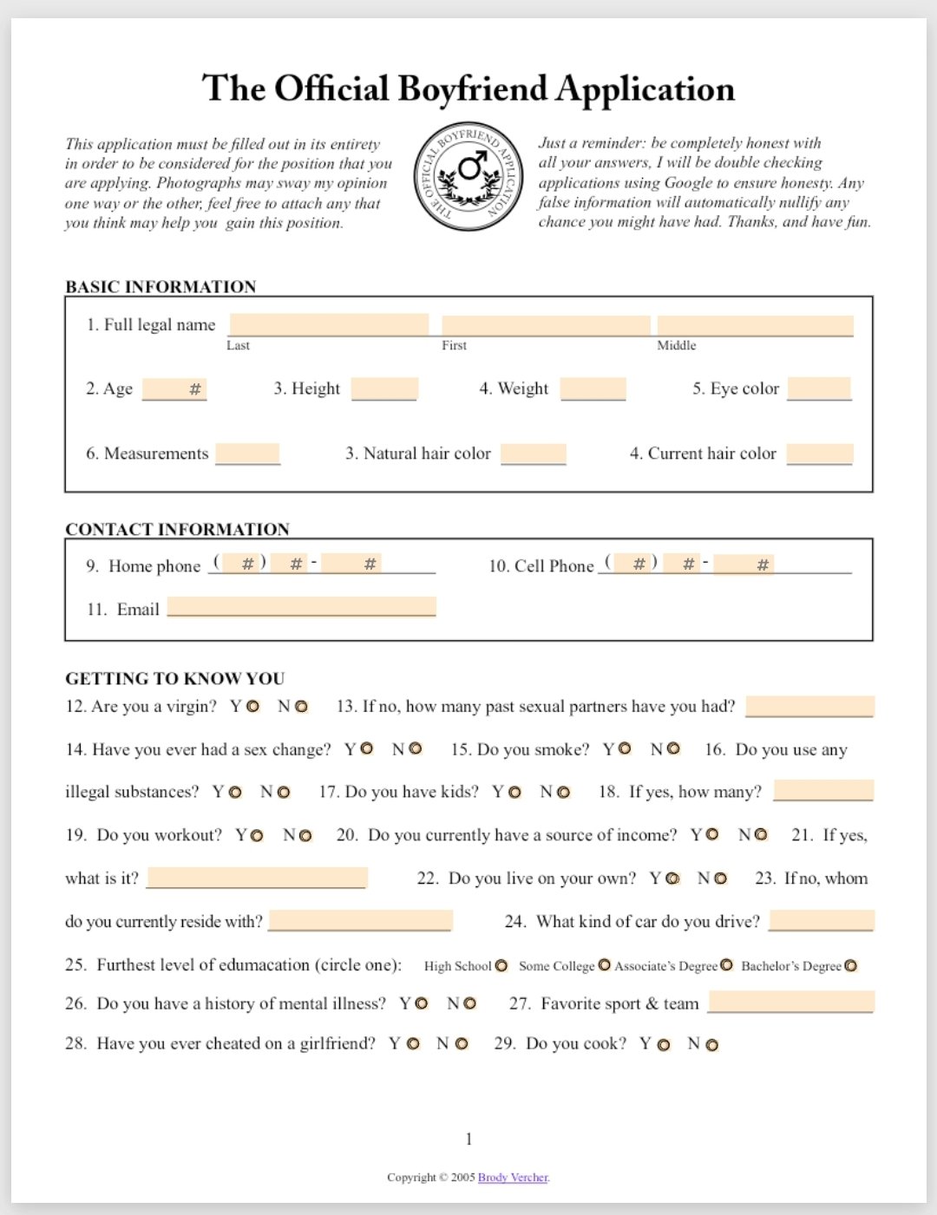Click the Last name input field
(x=328, y=324)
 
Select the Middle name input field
(x=755, y=325)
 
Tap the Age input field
(x=174, y=389)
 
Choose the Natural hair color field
(x=533, y=453)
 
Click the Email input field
(x=301, y=606)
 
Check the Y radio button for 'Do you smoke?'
(x=625, y=748)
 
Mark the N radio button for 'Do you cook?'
(x=712, y=1045)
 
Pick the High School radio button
(x=501, y=966)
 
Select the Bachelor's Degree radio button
(x=851, y=966)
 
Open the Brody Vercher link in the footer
(x=513, y=1177)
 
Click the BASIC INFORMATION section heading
(x=161, y=286)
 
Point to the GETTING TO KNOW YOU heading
(x=174, y=678)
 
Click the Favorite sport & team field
(x=790, y=1002)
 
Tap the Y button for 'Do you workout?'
(x=257, y=835)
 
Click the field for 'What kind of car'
(x=821, y=920)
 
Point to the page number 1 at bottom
(x=468, y=1139)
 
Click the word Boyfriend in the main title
(x=472, y=89)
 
